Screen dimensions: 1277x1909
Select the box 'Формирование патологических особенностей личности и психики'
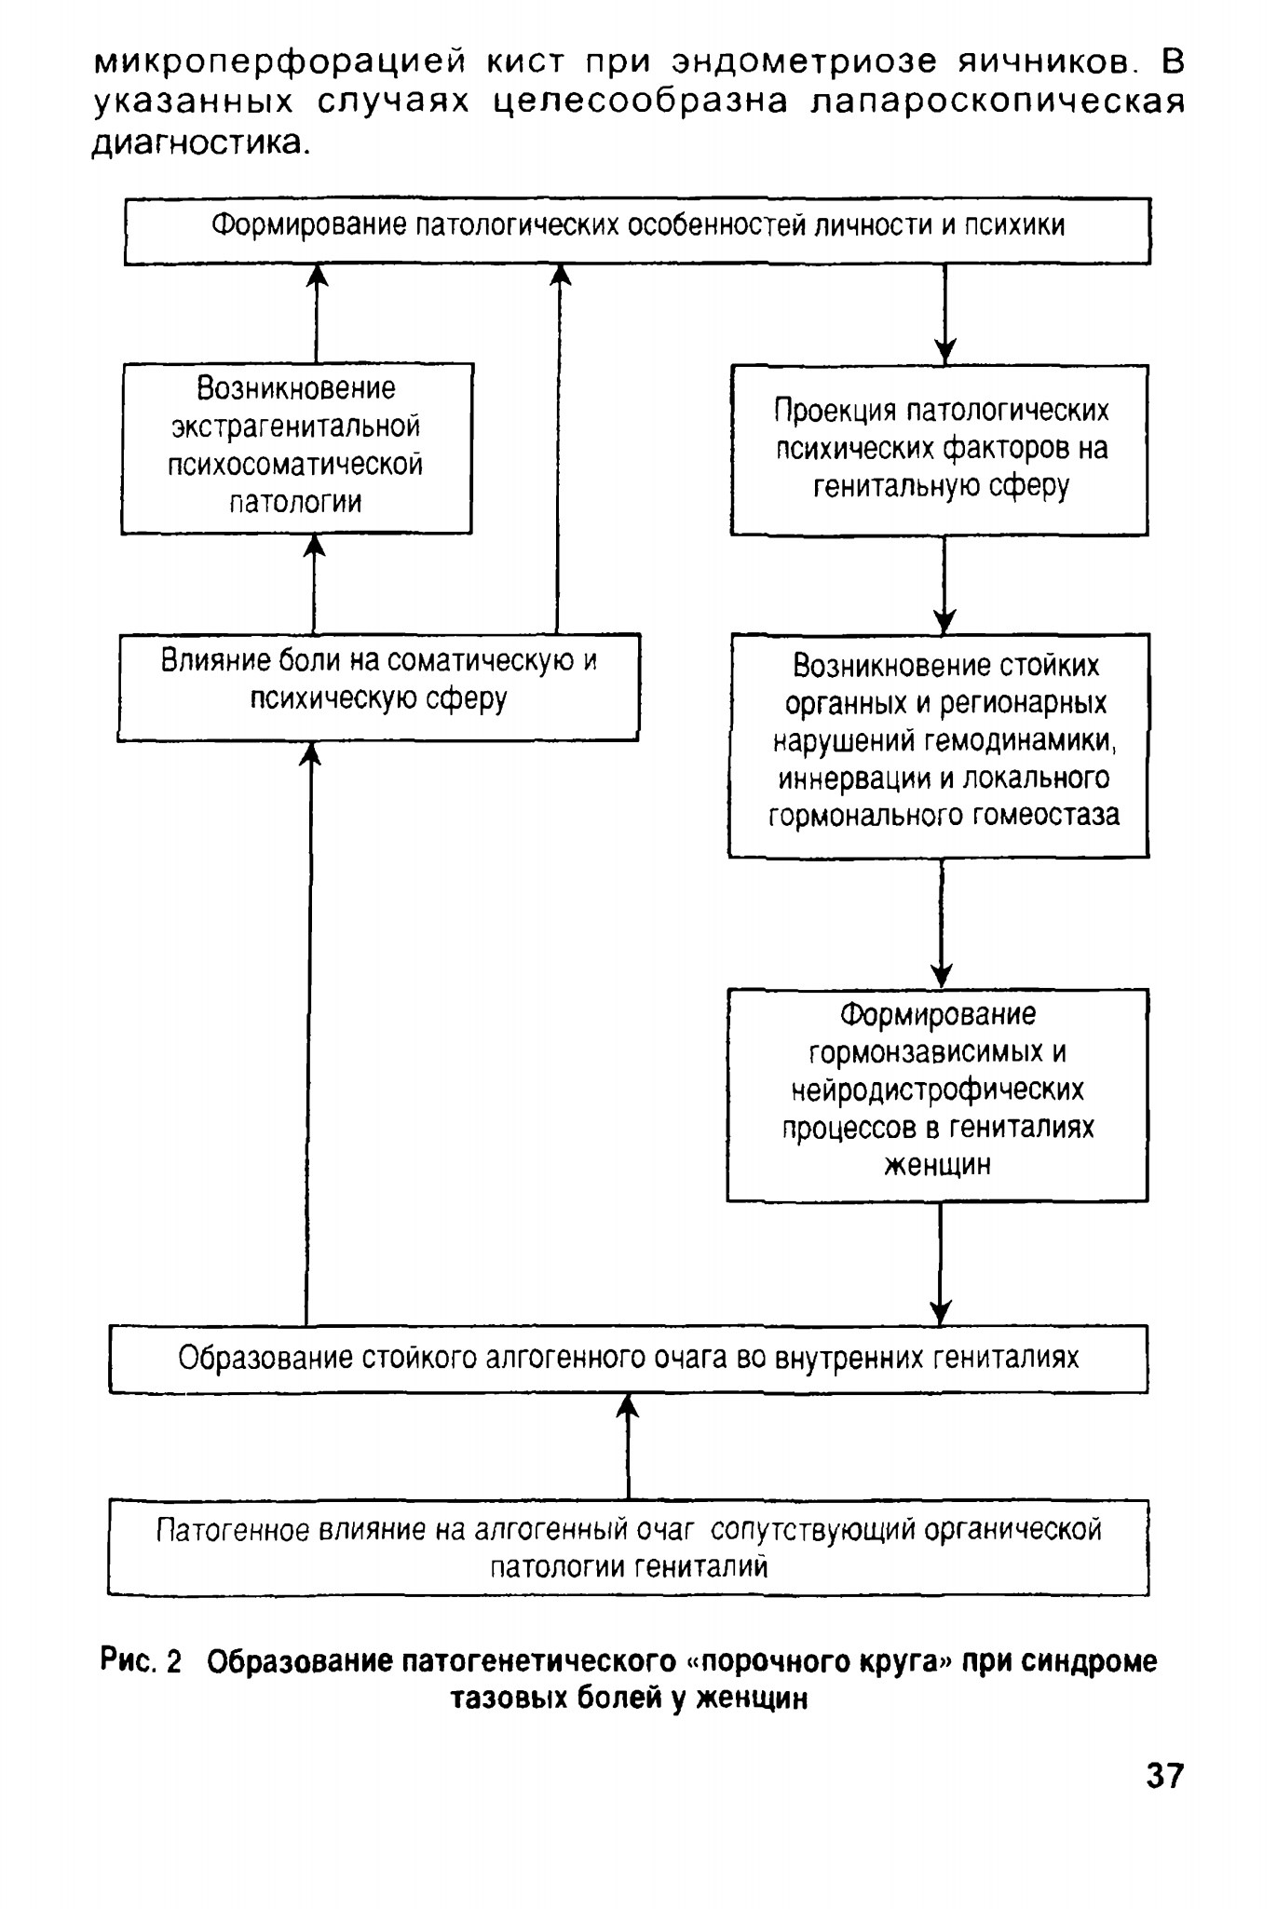point(638,231)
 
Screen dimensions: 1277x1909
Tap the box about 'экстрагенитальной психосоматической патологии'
point(297,448)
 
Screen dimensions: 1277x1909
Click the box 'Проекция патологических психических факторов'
point(939,450)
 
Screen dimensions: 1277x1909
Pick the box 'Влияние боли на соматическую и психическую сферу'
point(379,687)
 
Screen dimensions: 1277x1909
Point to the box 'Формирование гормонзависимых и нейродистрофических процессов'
point(937,1095)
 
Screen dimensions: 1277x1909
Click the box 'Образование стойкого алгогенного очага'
point(629,1359)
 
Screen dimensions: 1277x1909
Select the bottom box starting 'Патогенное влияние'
point(629,1547)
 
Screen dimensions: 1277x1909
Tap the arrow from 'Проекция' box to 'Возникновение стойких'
point(944,585)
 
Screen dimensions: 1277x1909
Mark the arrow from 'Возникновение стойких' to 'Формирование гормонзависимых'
point(942,923)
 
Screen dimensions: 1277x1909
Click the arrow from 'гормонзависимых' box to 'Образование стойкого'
point(941,1264)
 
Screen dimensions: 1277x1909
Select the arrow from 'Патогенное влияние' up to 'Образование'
point(628,1446)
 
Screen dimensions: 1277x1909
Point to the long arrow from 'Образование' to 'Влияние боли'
point(308,1033)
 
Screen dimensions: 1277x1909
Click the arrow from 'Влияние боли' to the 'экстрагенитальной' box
point(315,584)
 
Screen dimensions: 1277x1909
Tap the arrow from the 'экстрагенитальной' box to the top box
point(318,314)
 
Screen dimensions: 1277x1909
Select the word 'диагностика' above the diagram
point(199,142)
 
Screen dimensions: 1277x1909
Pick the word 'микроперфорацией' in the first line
point(280,62)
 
